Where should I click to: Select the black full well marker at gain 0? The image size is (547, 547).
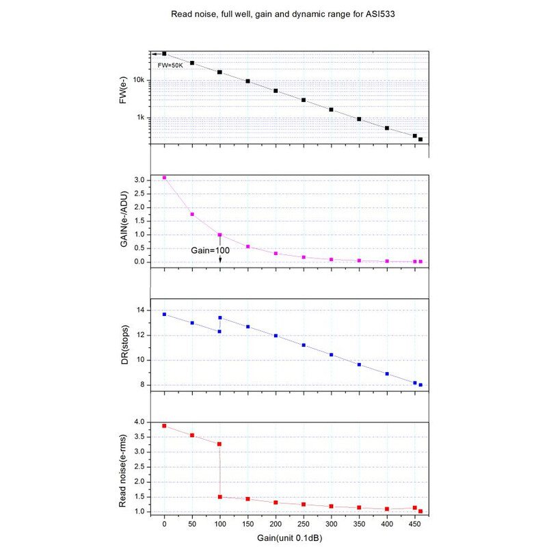(x=164, y=53)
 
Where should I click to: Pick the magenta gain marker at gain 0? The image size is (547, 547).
(x=164, y=178)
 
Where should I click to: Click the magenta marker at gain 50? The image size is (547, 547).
(x=192, y=214)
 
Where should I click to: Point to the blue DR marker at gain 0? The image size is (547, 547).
(x=164, y=315)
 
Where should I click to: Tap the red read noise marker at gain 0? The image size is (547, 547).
(x=164, y=426)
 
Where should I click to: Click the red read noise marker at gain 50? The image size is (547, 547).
(x=192, y=435)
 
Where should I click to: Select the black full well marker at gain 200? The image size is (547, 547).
(x=276, y=91)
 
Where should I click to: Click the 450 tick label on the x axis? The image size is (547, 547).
(x=414, y=524)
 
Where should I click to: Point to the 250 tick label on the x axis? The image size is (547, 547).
(x=303, y=524)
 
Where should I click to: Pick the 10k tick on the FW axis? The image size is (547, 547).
(x=137, y=80)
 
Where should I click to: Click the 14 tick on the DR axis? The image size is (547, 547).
(x=140, y=310)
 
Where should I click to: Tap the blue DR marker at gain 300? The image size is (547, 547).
(x=331, y=355)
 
